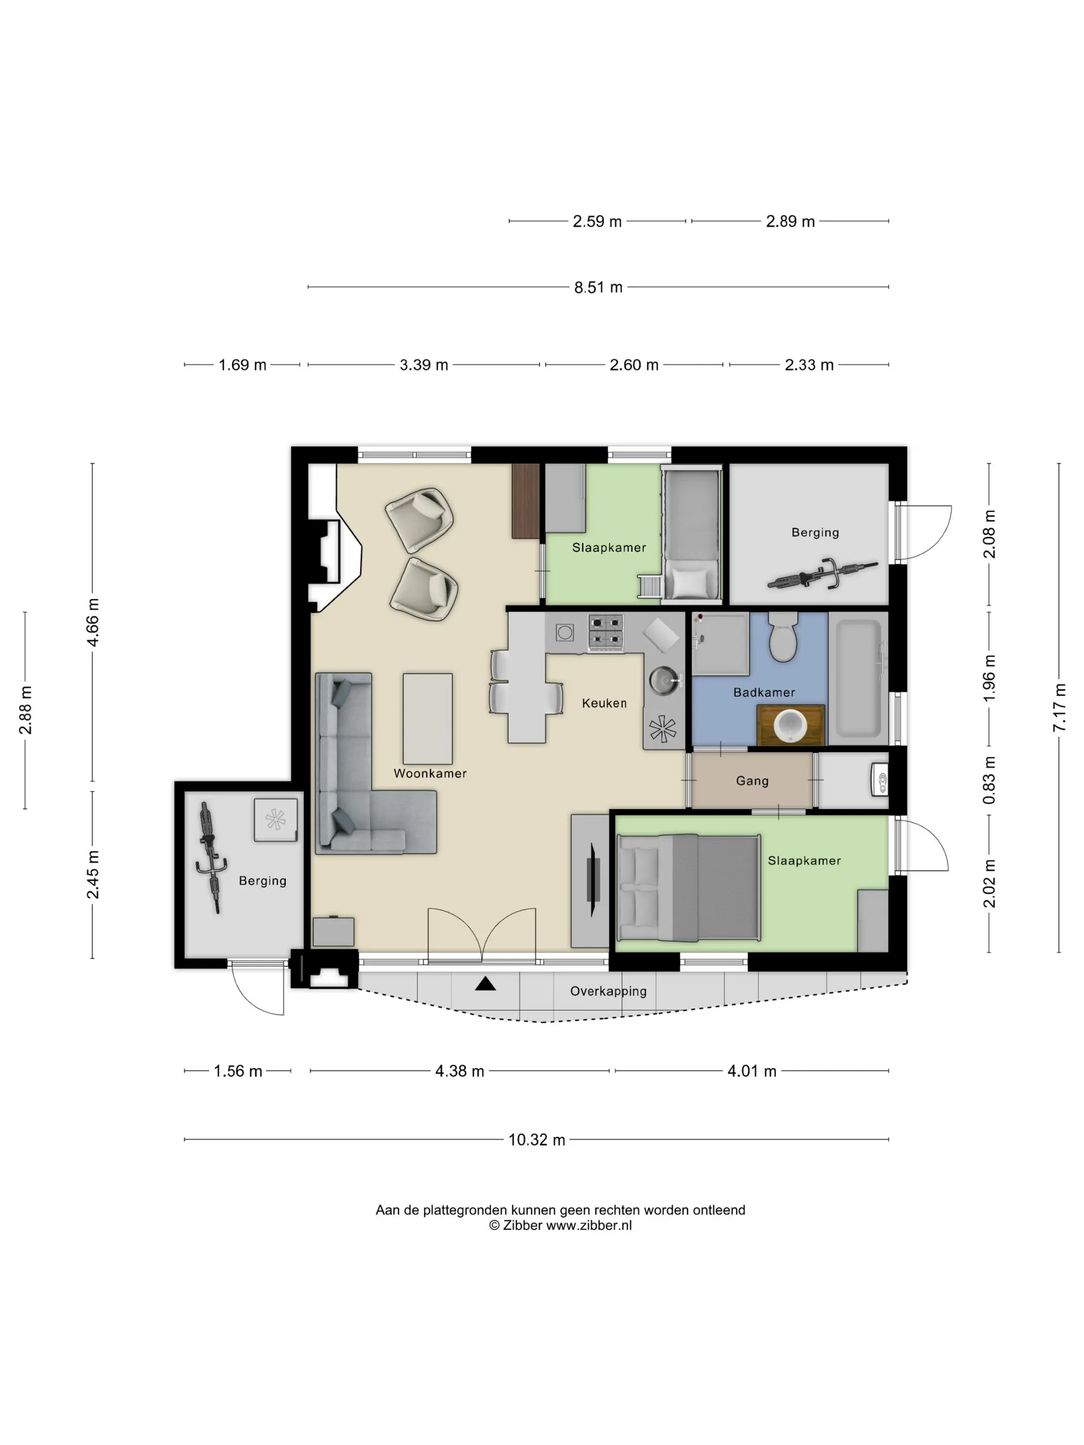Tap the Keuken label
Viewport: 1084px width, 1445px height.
pos(604,703)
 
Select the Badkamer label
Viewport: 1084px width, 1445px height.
pos(764,692)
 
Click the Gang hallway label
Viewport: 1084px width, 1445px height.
pos(752,781)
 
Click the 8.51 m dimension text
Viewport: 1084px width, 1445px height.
pos(598,287)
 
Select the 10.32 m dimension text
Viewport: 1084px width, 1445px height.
pos(536,1140)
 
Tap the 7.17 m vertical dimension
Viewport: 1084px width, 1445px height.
pos(1059,708)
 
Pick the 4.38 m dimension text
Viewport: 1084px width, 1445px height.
pos(459,1071)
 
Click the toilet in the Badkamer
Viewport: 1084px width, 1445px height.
pos(782,637)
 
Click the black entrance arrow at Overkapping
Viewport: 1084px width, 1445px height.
pos(485,983)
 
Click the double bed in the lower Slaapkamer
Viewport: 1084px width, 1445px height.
pos(689,887)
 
